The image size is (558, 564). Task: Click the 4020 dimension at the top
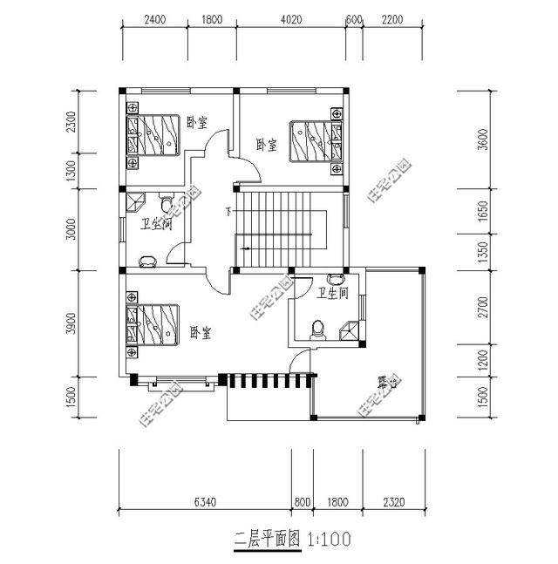pyautogui.click(x=291, y=18)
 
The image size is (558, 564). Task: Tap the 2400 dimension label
pyautogui.click(x=154, y=18)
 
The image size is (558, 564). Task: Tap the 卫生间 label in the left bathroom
pyautogui.click(x=156, y=225)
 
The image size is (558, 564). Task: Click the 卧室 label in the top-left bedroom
pyautogui.click(x=197, y=123)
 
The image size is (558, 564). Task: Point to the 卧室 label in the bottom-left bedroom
pyautogui.click(x=201, y=332)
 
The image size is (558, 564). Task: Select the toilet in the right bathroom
pyautogui.click(x=318, y=328)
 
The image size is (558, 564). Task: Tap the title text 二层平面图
pyautogui.click(x=267, y=540)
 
